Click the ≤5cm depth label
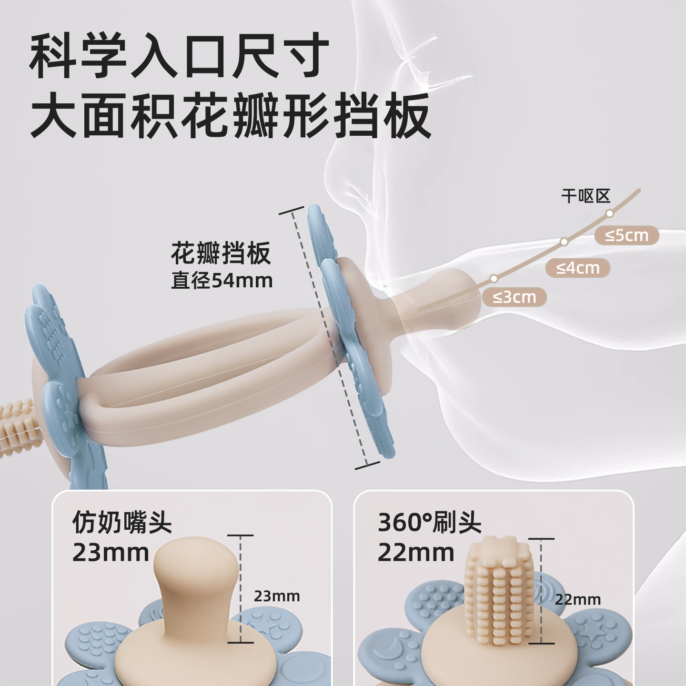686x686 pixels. click(x=626, y=235)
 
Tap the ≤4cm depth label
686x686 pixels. click(x=578, y=268)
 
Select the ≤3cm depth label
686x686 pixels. click(x=514, y=297)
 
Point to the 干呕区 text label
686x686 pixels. click(x=585, y=196)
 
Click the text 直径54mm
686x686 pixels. click(x=222, y=281)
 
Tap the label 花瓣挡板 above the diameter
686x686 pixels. click(x=221, y=253)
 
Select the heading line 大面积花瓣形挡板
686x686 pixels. click(x=230, y=115)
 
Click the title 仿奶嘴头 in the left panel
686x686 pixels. click(x=122, y=523)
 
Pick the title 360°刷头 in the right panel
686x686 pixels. click(x=429, y=523)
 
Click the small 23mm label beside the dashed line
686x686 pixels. click(x=277, y=596)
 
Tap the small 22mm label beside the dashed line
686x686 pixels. click(x=578, y=600)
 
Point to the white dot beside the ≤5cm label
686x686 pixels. click(x=610, y=213)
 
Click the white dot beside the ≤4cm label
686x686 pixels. click(x=564, y=242)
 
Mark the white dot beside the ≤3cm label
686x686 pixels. click(x=494, y=278)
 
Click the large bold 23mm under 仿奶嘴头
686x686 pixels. click(x=111, y=553)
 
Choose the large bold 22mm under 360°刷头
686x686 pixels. click(x=416, y=553)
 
